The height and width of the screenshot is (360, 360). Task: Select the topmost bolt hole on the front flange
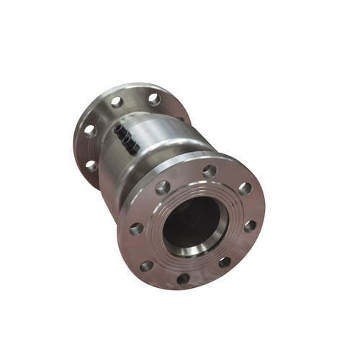click(x=210, y=171)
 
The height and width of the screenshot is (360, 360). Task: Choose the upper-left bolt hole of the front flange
click(x=163, y=187)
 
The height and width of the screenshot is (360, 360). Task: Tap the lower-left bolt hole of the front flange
click(x=147, y=266)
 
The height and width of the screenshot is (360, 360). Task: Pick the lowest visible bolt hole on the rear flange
click(x=91, y=165)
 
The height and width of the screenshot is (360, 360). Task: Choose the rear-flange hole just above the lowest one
click(x=90, y=131)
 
